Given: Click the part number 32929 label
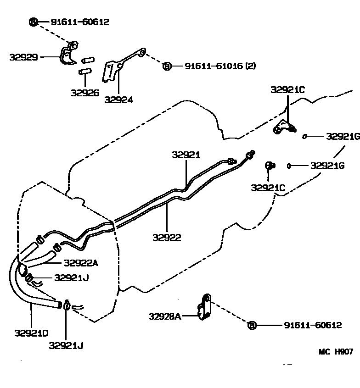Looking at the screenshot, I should click(23, 57).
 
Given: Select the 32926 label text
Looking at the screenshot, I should click(85, 92).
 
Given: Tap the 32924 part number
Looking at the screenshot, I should click(118, 100).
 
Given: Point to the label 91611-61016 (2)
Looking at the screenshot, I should click(220, 66).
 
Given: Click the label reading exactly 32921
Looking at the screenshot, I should click(186, 155).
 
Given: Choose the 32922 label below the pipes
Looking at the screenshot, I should click(167, 237).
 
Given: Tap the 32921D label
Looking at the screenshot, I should click(31, 333).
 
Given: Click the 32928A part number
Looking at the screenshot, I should click(164, 316).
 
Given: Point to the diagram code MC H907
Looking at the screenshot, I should click(336, 351).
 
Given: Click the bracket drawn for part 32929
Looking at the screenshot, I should click(67, 55).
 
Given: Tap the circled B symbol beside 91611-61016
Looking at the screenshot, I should click(167, 66).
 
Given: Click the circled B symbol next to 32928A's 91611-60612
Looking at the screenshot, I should click(251, 325).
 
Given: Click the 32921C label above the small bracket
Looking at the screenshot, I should click(287, 90).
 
